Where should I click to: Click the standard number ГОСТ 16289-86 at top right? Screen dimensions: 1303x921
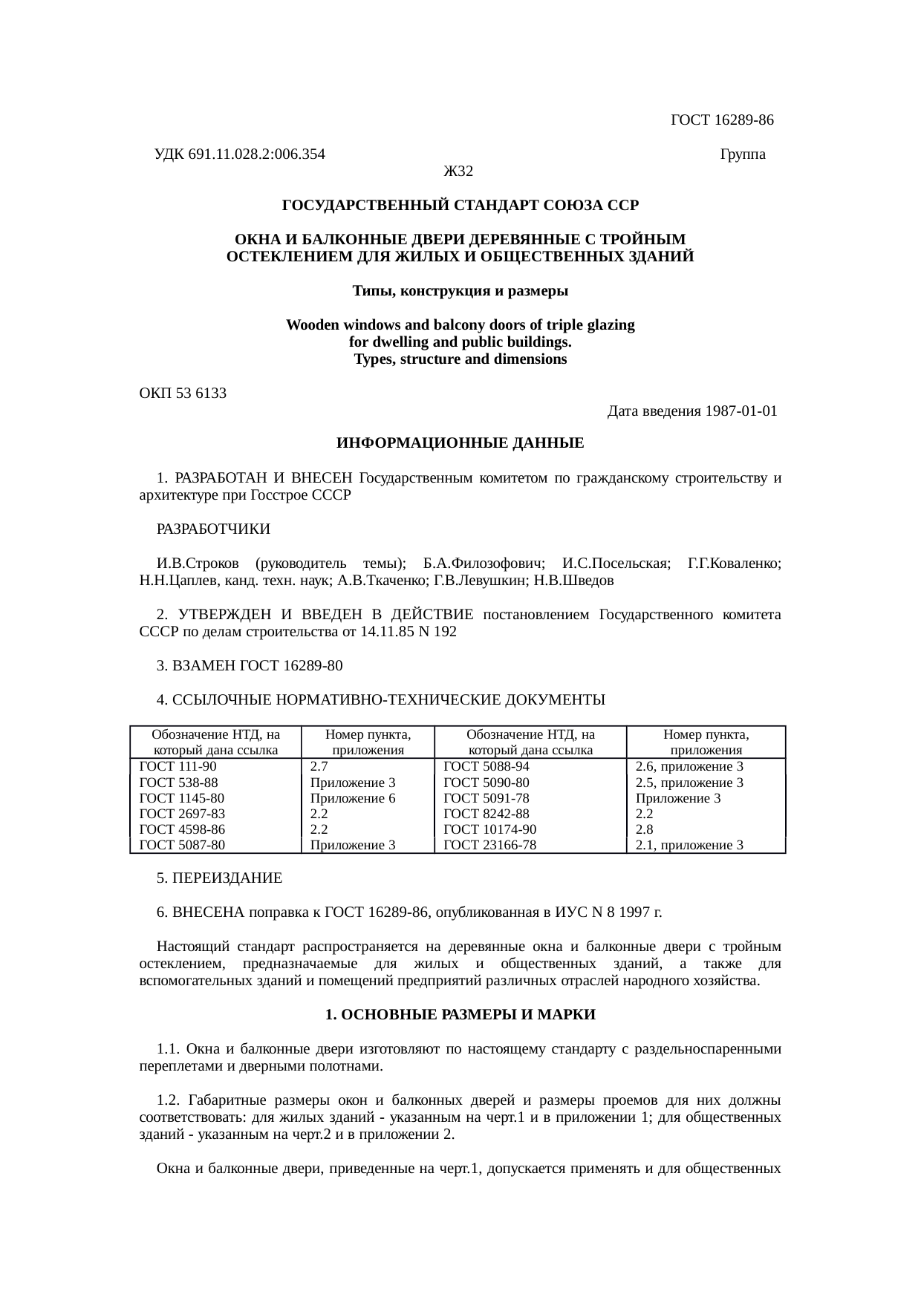[722, 120]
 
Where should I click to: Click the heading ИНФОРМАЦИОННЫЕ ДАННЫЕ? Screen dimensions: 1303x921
[461, 444]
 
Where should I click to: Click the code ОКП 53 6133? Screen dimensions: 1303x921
[183, 393]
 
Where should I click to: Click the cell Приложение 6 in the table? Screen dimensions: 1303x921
[353, 799]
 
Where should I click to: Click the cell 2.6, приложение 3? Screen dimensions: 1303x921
[690, 767]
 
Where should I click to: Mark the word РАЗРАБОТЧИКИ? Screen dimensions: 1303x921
[214, 530]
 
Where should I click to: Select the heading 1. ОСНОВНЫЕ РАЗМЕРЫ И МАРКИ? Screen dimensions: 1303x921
[461, 1015]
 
